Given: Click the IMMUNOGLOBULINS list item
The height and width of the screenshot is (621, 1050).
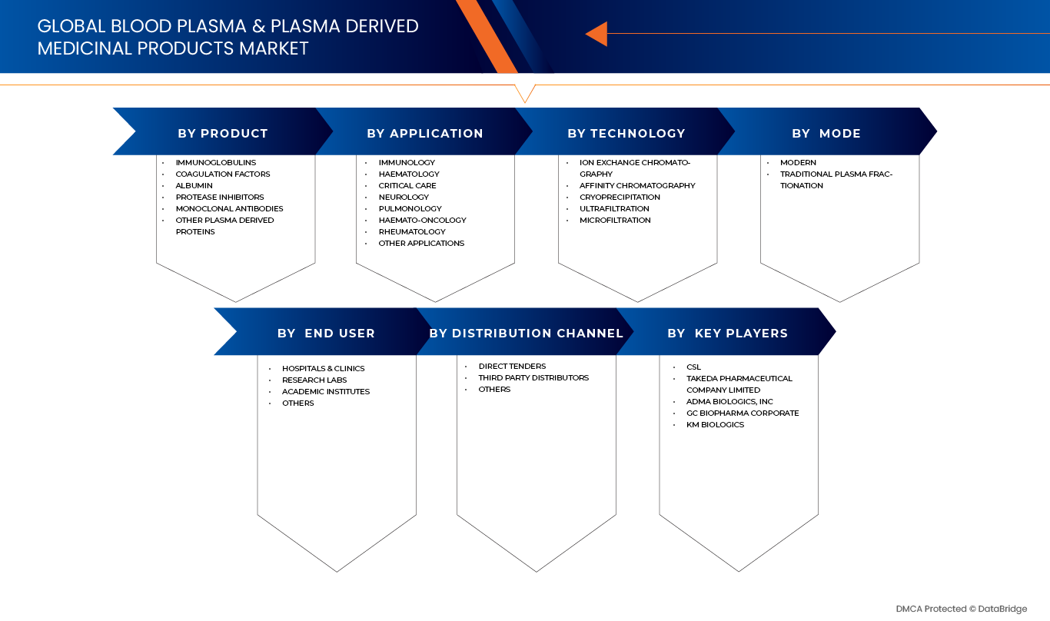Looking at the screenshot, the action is pyautogui.click(x=216, y=163).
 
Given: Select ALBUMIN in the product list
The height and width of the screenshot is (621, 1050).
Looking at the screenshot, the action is pyautogui.click(x=194, y=185).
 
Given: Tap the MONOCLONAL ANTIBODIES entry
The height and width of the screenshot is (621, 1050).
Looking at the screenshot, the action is pyautogui.click(x=229, y=208).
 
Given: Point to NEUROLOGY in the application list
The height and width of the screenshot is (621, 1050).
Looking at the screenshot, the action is pyautogui.click(x=404, y=198).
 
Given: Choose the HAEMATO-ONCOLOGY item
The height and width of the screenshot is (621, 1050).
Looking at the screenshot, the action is pyautogui.click(x=422, y=221).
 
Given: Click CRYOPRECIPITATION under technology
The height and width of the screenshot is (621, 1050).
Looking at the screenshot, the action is pyautogui.click(x=620, y=198).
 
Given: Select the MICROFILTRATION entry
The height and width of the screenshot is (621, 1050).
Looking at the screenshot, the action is pyautogui.click(x=615, y=221).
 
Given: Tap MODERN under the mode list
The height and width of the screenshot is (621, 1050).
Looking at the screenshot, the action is pyautogui.click(x=798, y=163).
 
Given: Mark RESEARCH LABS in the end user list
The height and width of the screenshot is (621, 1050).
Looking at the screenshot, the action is pyautogui.click(x=314, y=380).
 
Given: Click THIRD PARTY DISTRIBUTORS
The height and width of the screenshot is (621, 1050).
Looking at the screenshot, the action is pyautogui.click(x=533, y=378).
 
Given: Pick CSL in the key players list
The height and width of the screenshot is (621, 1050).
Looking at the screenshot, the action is pyautogui.click(x=694, y=367).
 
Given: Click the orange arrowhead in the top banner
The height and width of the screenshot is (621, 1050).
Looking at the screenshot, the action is pyautogui.click(x=597, y=34).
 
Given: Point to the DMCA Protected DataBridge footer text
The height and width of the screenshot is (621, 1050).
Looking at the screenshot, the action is pyautogui.click(x=962, y=609).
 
